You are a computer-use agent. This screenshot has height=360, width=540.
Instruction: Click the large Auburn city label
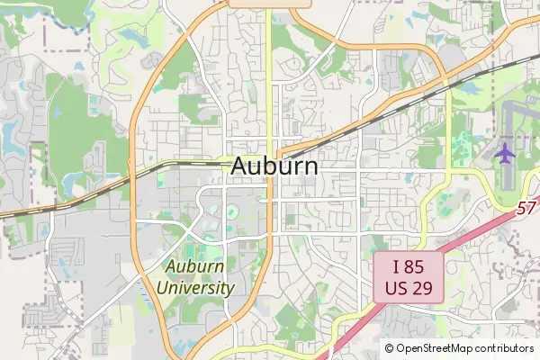(x=274, y=166)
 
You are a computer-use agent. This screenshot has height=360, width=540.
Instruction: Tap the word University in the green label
(x=195, y=289)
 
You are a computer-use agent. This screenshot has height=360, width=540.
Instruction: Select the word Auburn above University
(x=194, y=267)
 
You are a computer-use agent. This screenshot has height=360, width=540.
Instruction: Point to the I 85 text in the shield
(x=408, y=266)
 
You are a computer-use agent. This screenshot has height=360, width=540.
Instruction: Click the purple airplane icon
(x=505, y=154)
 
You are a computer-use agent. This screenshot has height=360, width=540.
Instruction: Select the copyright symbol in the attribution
(x=389, y=348)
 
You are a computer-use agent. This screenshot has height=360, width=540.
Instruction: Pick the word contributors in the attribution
(x=504, y=348)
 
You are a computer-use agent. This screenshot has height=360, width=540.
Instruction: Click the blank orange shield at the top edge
(x=270, y=4)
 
